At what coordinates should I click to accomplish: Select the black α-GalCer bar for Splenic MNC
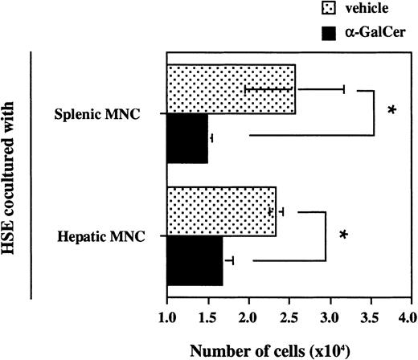click(186, 139)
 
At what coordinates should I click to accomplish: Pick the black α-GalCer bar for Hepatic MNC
click(194, 261)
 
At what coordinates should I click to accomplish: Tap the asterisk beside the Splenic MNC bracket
click(392, 111)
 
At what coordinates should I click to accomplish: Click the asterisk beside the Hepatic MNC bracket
click(343, 235)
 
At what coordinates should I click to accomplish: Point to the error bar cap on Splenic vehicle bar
click(344, 88)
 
